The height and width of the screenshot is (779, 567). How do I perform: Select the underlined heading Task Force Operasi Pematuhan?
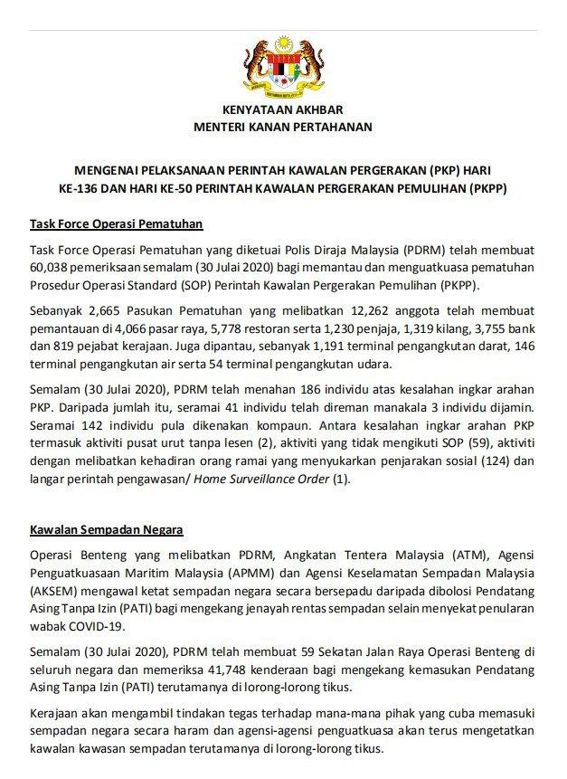(x=116, y=223)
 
